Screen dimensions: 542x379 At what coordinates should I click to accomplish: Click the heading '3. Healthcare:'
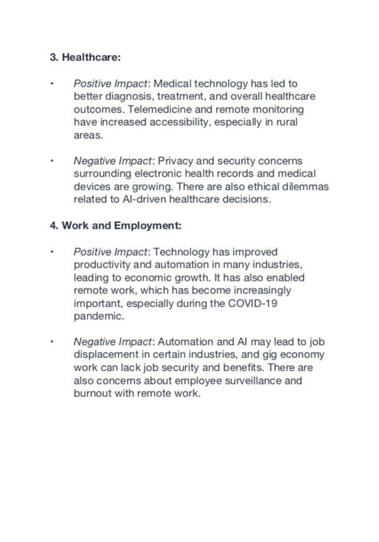[x=85, y=57]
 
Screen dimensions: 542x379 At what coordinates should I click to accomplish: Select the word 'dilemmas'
[x=306, y=187]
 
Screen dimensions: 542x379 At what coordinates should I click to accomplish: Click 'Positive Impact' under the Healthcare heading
[x=112, y=82]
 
